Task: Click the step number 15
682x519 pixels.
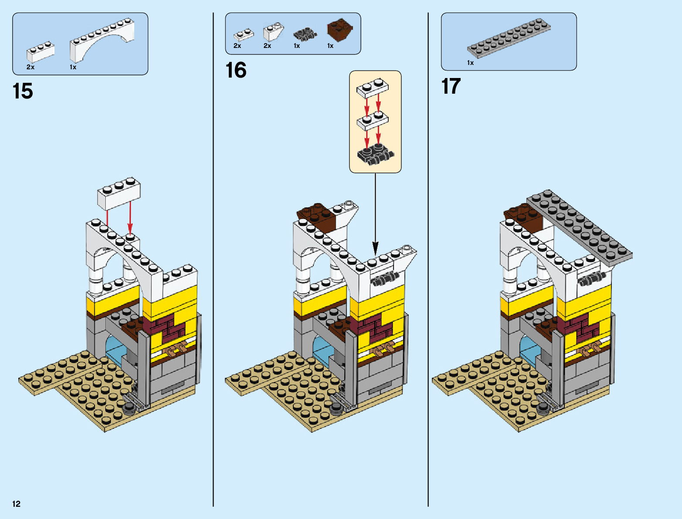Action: coord(23,92)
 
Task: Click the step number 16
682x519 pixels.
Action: coord(236,71)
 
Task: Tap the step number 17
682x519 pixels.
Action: coord(451,86)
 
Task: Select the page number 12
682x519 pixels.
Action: coord(17,504)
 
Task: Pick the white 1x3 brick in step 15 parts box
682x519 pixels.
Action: coord(41,52)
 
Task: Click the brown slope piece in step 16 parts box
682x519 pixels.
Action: coord(339,30)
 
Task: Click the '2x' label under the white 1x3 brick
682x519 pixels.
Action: coord(31,67)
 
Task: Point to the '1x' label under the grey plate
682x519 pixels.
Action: coord(471,63)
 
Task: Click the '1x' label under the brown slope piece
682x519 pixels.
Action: coord(330,46)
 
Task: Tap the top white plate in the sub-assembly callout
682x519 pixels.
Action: coord(373,88)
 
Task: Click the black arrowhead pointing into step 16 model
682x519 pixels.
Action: coord(375,248)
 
